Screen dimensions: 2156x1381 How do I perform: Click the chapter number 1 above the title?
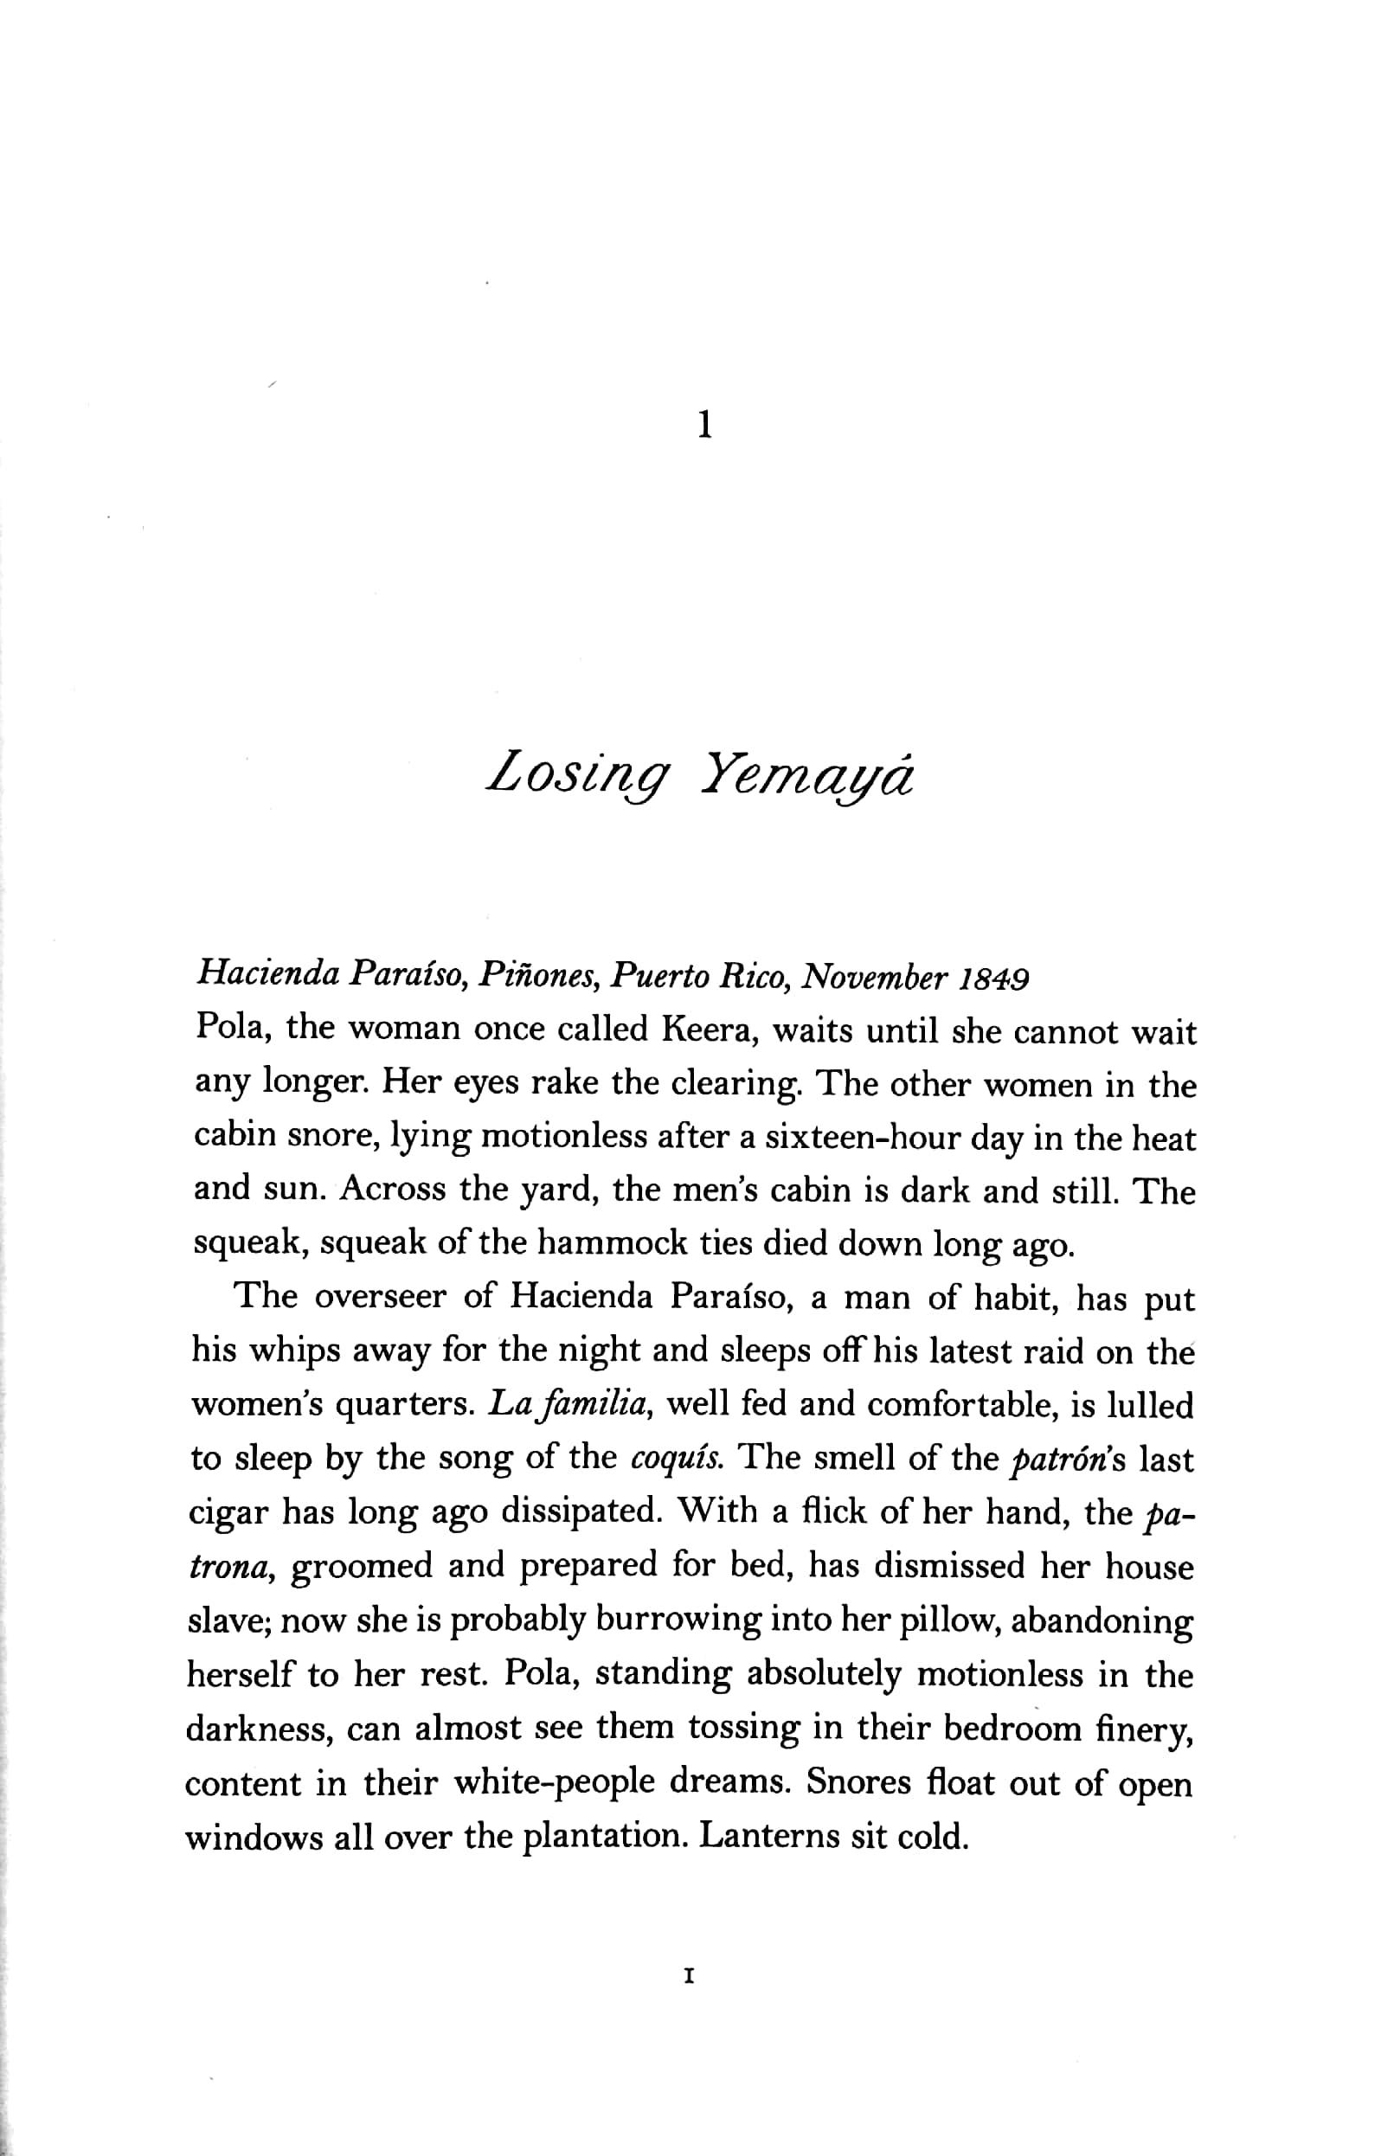tap(705, 424)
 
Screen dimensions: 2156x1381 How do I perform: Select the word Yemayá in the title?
tap(807, 772)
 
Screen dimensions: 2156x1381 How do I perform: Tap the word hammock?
tap(620, 1244)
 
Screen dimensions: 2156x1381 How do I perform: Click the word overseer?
tap(381, 1297)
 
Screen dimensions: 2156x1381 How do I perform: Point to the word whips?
tap(291, 1353)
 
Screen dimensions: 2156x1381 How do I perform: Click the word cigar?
tap(229, 1513)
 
